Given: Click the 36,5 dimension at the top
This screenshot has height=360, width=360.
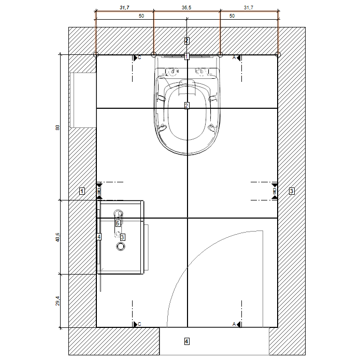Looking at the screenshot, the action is tap(186, 8).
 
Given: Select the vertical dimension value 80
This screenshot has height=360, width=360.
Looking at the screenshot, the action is tap(57, 127).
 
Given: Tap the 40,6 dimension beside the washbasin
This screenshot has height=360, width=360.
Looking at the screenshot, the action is tap(57, 237).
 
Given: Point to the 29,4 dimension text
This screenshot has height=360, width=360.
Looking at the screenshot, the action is tap(57, 301).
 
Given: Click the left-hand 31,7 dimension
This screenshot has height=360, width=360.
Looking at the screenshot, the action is tap(124, 8).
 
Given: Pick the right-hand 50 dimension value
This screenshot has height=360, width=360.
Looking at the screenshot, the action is tap(232, 16).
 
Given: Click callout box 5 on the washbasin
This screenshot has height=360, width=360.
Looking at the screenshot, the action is tap(118, 223).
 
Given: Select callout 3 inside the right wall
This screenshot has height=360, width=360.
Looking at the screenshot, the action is tap(292, 191).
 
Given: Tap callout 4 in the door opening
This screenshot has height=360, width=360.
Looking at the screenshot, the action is tap(187, 341).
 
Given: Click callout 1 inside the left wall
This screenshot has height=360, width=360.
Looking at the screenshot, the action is tap(82, 191).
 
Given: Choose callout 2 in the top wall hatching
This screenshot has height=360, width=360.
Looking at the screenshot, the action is tap(186, 41).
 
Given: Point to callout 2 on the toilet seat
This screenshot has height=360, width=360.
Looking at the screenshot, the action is tap(186, 106).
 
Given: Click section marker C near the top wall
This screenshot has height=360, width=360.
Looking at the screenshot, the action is tap(137, 57).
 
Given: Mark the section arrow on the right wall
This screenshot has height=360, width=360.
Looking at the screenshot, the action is tap(275, 191).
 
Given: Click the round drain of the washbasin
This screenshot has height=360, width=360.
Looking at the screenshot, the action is tap(121, 247).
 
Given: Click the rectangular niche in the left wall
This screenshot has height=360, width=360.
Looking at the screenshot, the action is tap(83, 100).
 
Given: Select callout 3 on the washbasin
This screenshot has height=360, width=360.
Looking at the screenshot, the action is tap(123, 237).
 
